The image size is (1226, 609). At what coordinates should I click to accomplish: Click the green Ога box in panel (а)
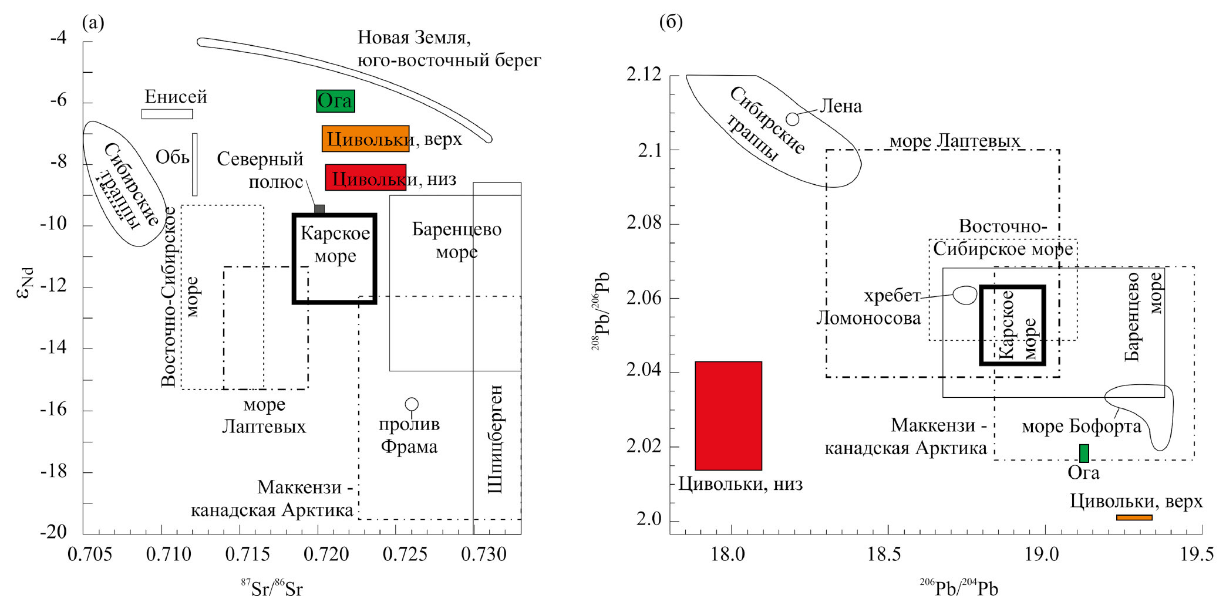pos(335,101)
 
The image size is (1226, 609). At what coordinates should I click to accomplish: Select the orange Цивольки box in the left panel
pos(365,138)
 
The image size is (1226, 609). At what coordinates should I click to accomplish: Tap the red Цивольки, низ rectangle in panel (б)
pos(728,415)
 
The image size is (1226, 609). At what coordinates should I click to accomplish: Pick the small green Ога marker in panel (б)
pos(1084,453)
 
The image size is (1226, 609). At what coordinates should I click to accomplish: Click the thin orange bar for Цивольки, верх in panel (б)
pos(1134,517)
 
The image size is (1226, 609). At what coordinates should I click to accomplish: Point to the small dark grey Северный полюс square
pos(319,209)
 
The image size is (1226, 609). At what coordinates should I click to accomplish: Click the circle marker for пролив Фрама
pos(412,404)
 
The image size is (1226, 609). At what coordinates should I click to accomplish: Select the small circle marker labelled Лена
pos(792,119)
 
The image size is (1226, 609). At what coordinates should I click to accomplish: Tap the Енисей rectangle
pos(167,114)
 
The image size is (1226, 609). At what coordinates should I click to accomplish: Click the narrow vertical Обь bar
pos(194,164)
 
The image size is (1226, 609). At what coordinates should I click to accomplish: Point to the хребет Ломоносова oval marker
pos(965,295)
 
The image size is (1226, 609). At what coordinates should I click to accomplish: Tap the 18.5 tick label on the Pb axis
pos(887,554)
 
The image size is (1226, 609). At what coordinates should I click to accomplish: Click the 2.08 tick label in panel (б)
pos(644,224)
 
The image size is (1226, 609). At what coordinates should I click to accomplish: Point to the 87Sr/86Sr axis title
pos(272,588)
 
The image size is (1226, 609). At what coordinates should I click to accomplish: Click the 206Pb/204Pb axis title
pos(959,588)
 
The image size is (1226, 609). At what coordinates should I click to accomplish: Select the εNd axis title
pos(25,283)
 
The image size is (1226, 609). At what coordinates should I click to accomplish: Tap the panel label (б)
pos(671,22)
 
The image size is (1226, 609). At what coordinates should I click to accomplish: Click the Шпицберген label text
pos(496,439)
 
